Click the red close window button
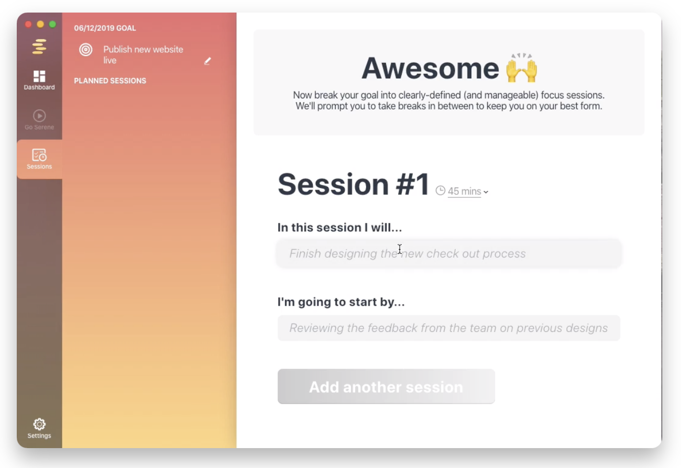click(28, 24)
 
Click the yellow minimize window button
click(40, 24)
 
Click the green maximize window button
click(52, 24)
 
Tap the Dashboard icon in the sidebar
click(39, 76)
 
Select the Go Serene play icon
click(39, 116)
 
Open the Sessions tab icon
click(39, 155)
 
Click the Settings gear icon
click(39, 424)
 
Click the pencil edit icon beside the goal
click(207, 61)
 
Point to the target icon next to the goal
click(86, 50)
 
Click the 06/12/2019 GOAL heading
click(105, 28)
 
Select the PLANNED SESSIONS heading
click(110, 81)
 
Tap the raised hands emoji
click(522, 68)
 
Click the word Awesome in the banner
click(430, 69)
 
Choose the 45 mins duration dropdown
click(468, 192)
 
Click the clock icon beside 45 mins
click(440, 191)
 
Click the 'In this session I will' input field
click(449, 253)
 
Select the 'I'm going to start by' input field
click(449, 328)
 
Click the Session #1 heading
click(353, 184)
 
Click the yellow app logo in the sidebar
click(39, 47)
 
